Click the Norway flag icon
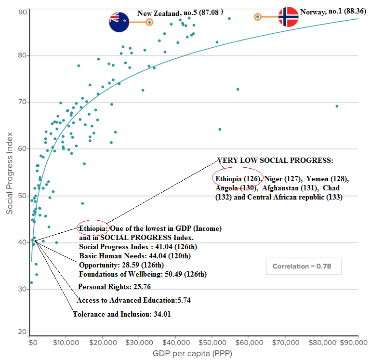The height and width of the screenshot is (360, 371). (x=288, y=17)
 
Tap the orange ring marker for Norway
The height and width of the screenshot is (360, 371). (x=258, y=17)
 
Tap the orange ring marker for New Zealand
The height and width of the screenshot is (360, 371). (x=149, y=22)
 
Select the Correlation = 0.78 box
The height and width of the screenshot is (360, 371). (x=304, y=266)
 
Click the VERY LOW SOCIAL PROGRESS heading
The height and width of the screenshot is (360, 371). (x=275, y=160)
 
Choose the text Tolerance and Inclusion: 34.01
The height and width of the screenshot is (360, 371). (x=121, y=314)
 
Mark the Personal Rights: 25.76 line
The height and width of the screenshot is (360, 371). (x=111, y=286)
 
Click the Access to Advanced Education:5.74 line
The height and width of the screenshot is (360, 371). (x=128, y=300)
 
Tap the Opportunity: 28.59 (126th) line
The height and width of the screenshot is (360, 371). (x=121, y=265)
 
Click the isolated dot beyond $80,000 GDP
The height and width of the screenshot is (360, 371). (x=337, y=106)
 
